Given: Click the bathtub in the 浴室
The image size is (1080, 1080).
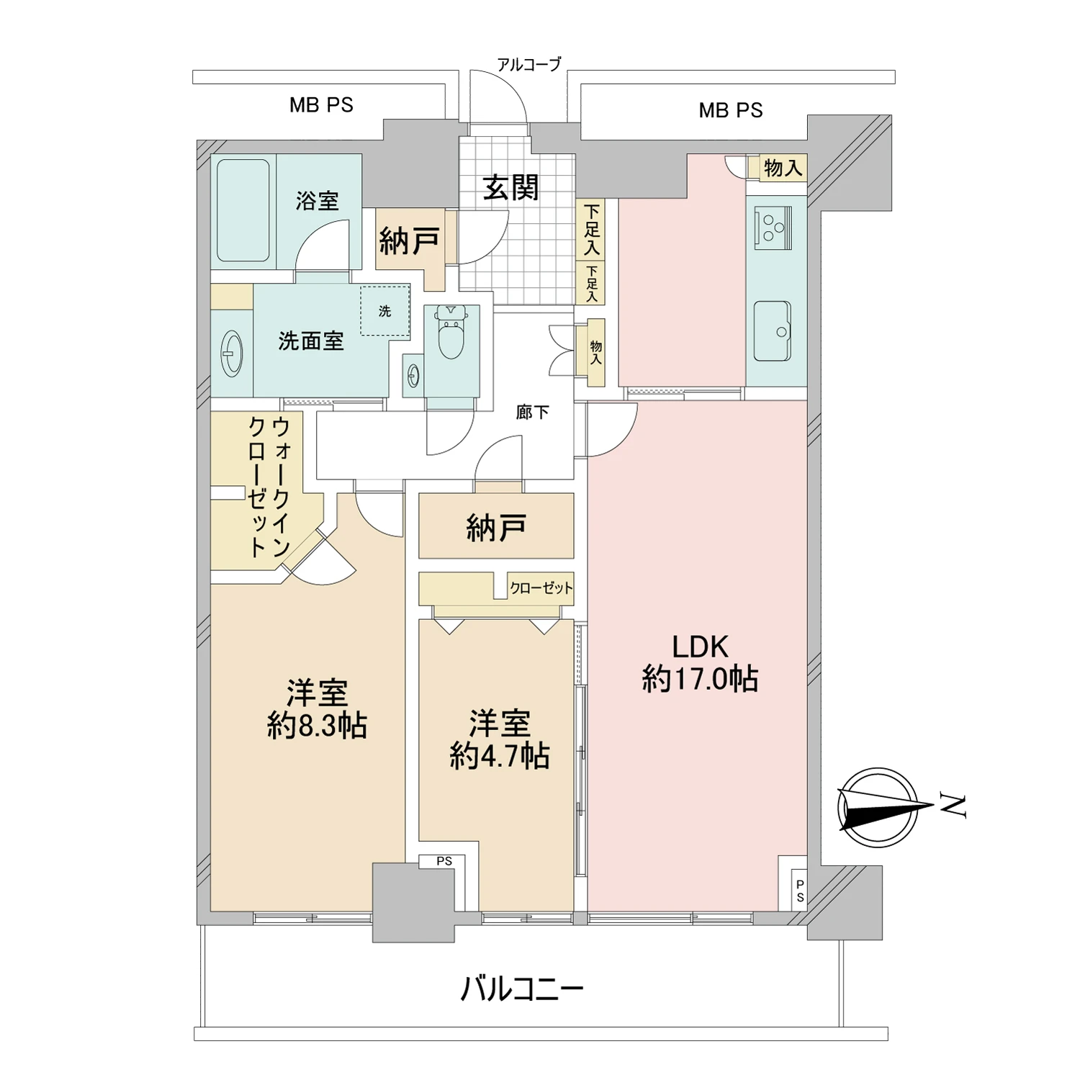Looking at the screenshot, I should pos(243,210).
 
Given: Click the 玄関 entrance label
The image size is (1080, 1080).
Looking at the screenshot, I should pos(510,187).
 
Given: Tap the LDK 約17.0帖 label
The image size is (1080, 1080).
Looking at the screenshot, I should pos(700,663).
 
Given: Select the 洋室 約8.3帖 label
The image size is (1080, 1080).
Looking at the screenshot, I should pos(318,709).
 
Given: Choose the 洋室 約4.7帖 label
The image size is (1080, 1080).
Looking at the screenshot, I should pos(500,739).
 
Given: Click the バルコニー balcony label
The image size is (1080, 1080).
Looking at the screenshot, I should pos(521,989).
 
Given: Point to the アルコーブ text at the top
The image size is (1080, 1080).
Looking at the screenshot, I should pos(528,65).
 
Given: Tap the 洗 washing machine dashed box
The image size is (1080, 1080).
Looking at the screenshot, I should pos(385,310).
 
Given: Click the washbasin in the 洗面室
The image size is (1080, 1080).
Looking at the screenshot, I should pos(231,354).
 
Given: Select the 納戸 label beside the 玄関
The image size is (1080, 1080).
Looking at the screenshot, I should pos(409,240).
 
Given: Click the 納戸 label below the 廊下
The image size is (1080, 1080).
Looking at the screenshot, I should pos(496,528).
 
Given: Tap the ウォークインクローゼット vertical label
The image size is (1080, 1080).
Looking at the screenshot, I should pos(269,487).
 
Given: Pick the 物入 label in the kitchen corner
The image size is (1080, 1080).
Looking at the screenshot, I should pos(783,168).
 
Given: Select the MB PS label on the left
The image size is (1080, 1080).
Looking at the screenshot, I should pos(321,105).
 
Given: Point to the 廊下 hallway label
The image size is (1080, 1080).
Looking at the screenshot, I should pos(532,412).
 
